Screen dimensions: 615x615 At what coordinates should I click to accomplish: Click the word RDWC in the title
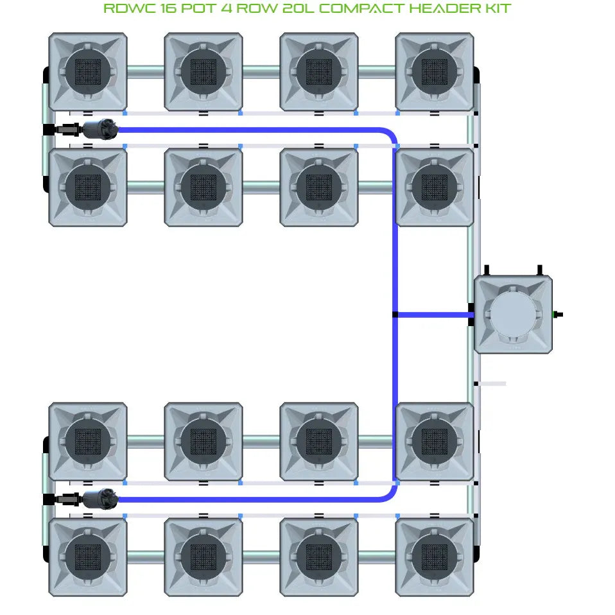click(125, 9)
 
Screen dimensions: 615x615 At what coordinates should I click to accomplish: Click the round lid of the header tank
click(512, 315)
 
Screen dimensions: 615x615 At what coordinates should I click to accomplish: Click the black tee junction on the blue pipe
click(395, 315)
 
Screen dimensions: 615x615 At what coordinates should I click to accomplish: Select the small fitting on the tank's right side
click(557, 315)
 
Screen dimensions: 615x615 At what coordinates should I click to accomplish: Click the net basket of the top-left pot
click(88, 72)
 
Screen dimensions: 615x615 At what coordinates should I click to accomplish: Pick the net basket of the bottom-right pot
click(435, 557)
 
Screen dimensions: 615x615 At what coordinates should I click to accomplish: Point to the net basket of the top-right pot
click(435, 72)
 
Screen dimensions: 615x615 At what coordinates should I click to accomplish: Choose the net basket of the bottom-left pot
click(88, 557)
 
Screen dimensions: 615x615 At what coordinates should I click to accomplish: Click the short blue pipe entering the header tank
click(433, 315)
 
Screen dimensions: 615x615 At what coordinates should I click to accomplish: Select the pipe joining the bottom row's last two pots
click(376, 557)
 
